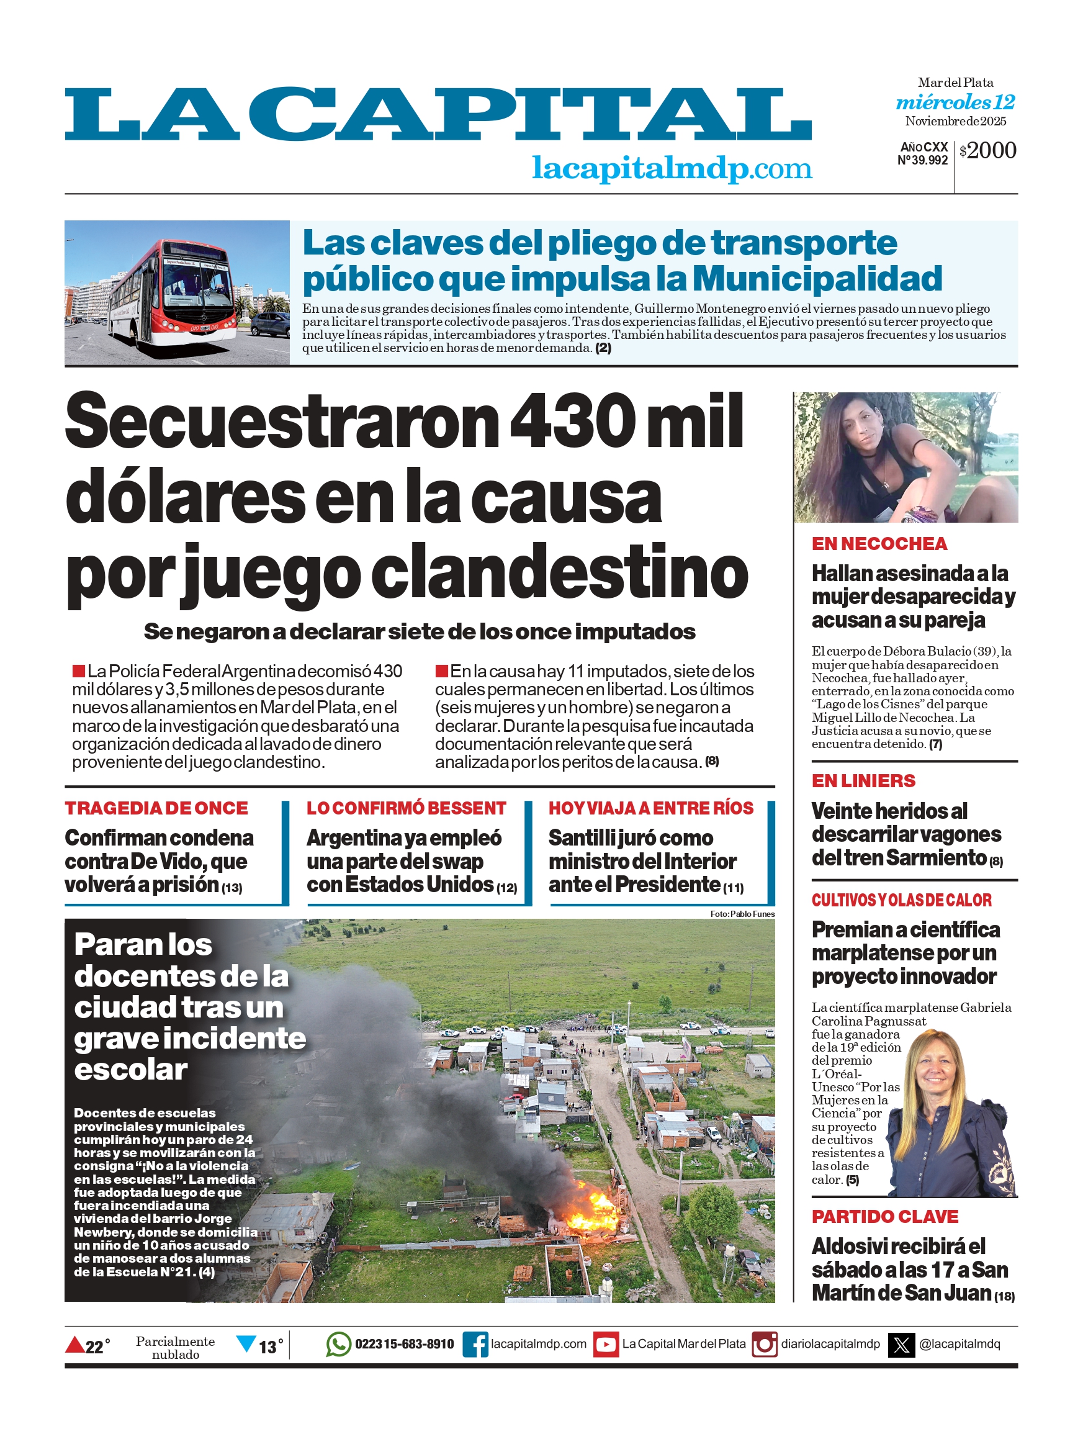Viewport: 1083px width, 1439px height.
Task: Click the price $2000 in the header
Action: pos(987,151)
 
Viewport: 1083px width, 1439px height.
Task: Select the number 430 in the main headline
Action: pos(571,421)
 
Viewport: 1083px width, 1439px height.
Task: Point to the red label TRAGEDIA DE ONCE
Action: pos(156,808)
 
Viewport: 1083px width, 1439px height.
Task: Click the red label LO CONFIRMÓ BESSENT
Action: pos(406,808)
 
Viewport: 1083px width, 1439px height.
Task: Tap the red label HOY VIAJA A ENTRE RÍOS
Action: pos(650,808)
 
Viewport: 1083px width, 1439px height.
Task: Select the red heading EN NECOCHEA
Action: pos(879,544)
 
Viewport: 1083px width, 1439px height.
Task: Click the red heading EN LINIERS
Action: pos(863,781)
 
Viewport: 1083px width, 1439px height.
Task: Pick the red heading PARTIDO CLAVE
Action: pos(884,1217)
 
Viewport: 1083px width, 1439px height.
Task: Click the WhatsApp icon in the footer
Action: pos(338,1344)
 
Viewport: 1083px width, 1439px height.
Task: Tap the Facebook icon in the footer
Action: pos(475,1344)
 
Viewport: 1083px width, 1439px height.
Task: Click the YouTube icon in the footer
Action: pos(606,1344)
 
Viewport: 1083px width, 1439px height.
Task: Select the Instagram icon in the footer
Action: pos(764,1344)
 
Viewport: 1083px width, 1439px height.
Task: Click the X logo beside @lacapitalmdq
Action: pos(902,1344)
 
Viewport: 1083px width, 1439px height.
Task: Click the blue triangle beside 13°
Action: pos(246,1343)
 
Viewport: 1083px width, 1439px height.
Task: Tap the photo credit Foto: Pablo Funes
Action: pos(742,914)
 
